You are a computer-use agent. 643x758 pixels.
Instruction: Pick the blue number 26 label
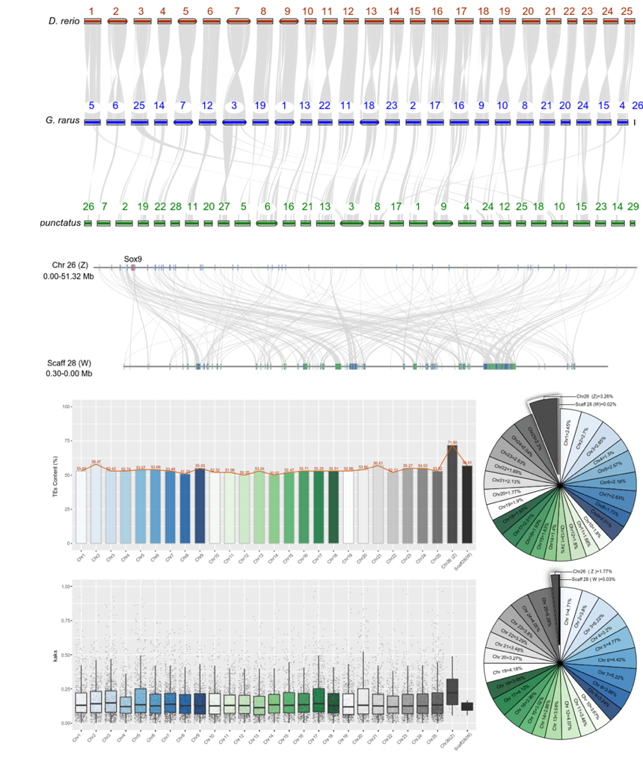tap(637, 105)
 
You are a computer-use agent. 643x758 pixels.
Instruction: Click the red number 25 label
tap(629, 11)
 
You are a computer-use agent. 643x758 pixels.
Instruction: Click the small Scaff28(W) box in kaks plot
tap(467, 706)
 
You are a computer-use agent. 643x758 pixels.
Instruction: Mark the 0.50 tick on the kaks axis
tap(67, 655)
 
